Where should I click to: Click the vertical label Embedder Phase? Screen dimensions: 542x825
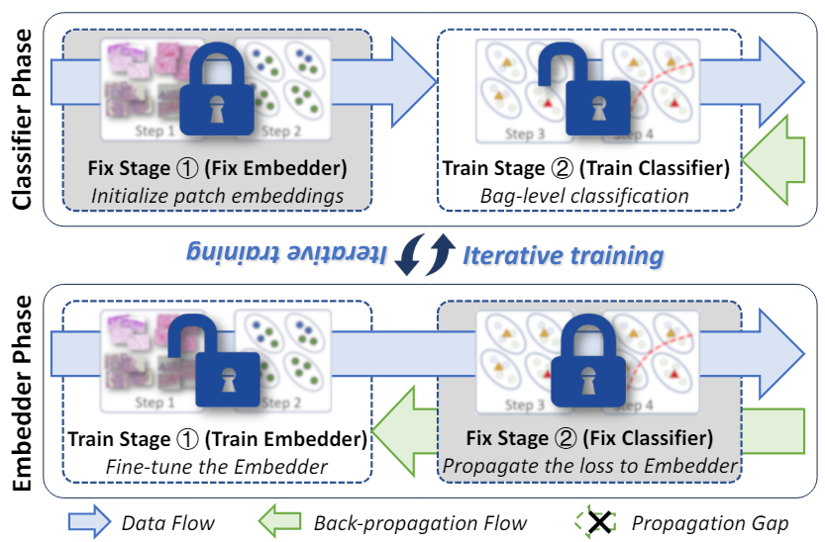(23, 391)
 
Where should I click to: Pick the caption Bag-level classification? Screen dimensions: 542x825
(591, 195)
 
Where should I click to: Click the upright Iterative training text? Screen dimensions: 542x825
(564, 255)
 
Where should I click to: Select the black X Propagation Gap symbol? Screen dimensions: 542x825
(597, 521)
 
